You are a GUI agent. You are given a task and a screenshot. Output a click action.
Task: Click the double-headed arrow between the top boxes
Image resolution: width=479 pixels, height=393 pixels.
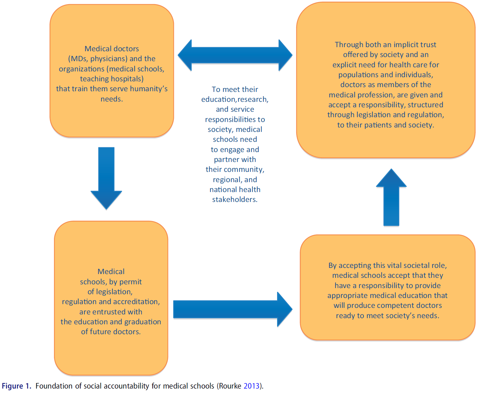pyautogui.click(x=235, y=55)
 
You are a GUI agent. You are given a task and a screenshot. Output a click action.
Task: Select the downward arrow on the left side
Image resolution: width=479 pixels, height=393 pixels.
pyautogui.click(x=106, y=178)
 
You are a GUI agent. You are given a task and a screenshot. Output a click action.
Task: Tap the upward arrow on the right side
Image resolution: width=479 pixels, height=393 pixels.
pyautogui.click(x=391, y=198)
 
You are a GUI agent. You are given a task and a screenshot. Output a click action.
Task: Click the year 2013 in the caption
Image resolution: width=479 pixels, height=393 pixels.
pyautogui.click(x=251, y=386)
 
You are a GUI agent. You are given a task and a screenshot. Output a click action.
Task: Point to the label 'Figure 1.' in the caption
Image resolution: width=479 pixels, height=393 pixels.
pyautogui.click(x=16, y=386)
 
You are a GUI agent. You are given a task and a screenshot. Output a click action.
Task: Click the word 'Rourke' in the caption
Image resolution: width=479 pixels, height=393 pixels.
pyautogui.click(x=230, y=386)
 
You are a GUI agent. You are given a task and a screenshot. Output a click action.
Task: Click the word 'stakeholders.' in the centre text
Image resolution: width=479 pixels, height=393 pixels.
pyautogui.click(x=235, y=200)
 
